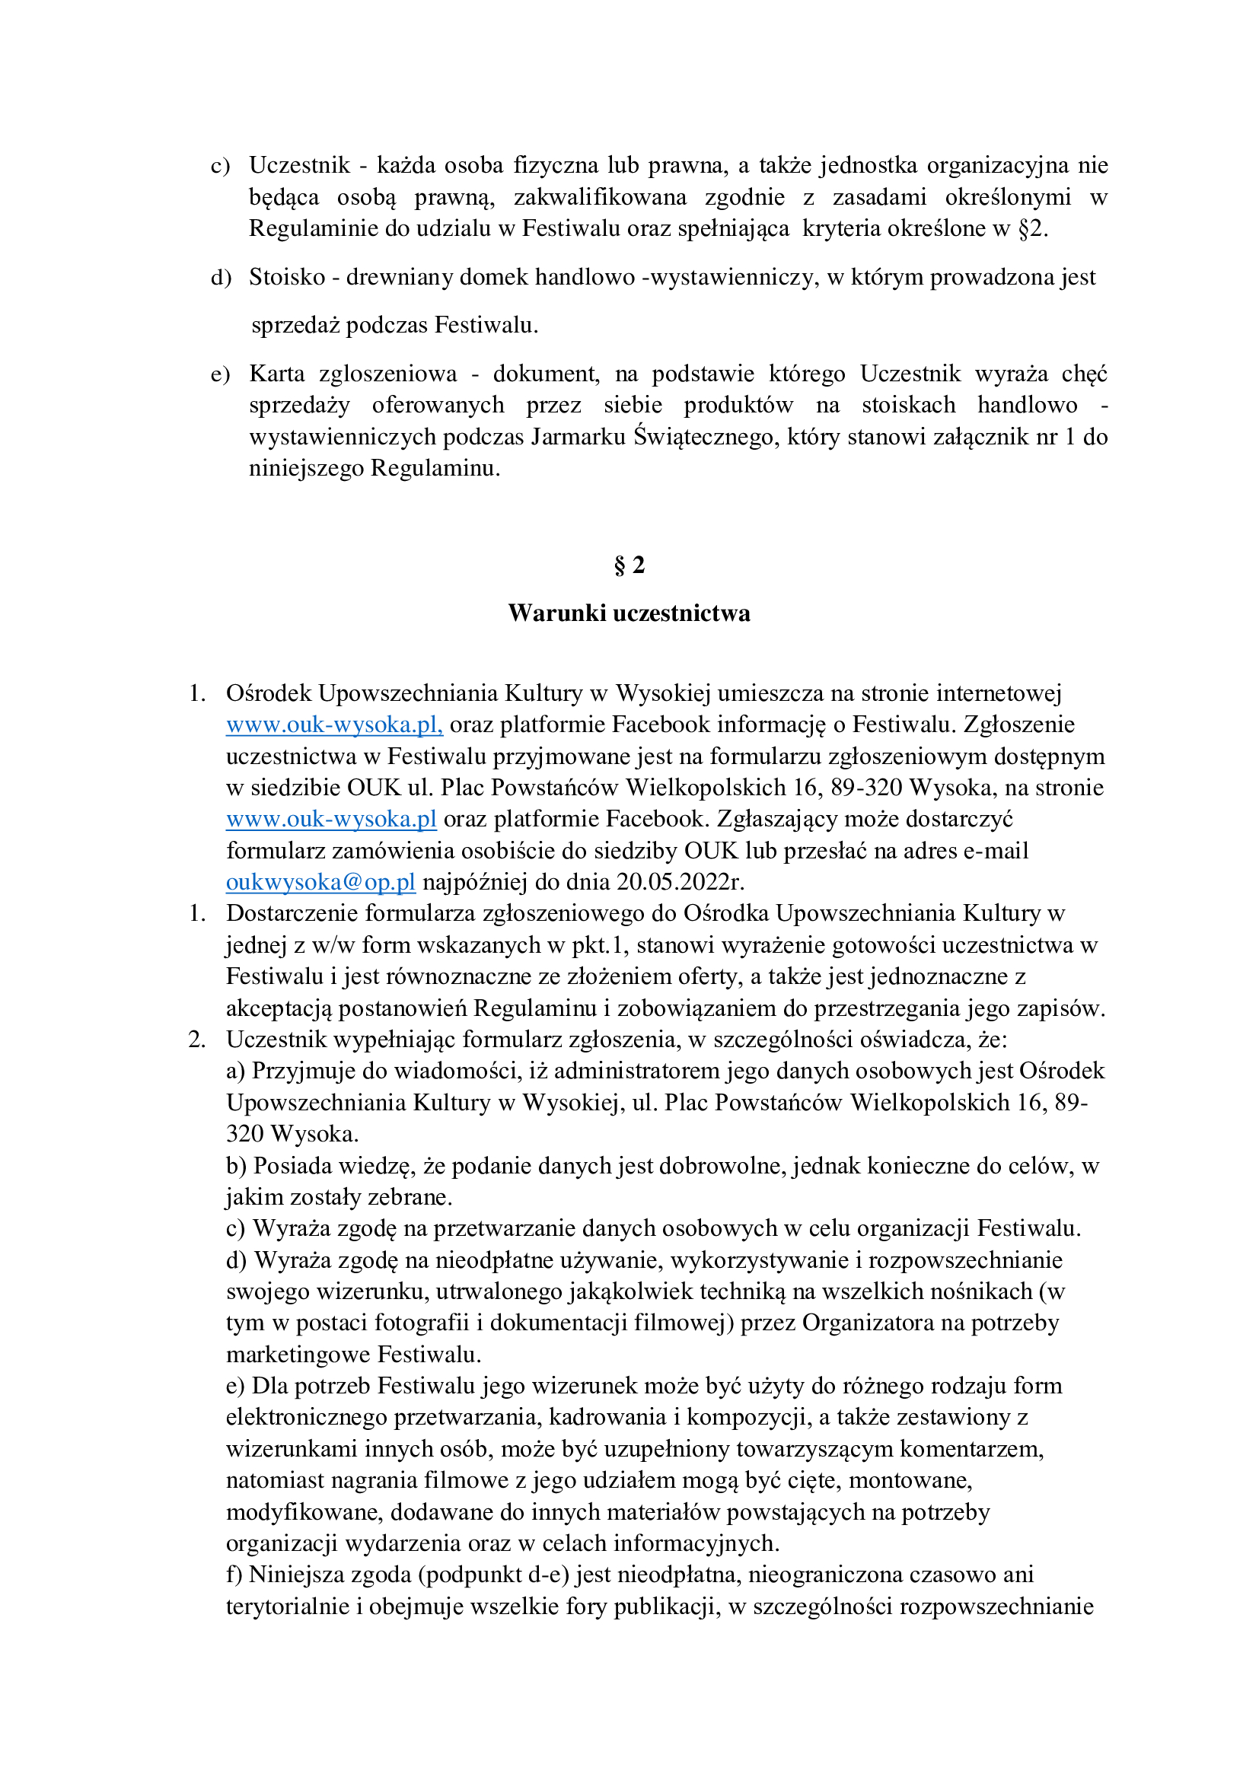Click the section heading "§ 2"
point(629,566)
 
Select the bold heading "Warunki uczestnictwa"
point(629,613)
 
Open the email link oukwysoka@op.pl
point(320,882)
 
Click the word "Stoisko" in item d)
point(287,277)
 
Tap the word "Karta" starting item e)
point(277,374)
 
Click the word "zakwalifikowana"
point(600,198)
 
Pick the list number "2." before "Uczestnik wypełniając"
point(197,1040)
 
